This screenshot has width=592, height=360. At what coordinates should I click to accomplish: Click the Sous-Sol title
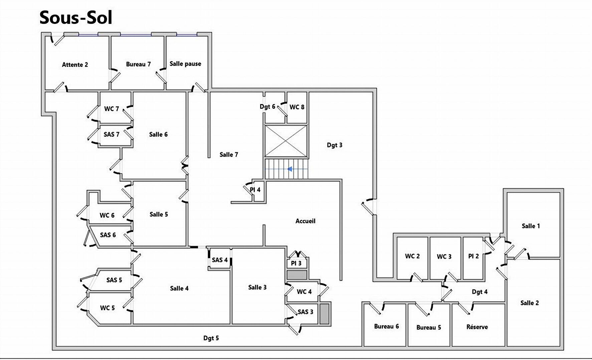(75, 17)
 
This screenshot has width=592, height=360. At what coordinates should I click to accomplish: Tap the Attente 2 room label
(75, 65)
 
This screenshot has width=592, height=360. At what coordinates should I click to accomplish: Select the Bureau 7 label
(138, 64)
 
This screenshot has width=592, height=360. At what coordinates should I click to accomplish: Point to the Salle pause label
(185, 64)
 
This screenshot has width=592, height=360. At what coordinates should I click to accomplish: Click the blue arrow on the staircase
(290, 169)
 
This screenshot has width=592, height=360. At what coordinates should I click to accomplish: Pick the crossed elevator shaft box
(286, 141)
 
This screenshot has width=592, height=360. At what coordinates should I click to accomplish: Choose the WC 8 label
(297, 107)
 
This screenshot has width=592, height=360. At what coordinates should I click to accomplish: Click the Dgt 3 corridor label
(335, 145)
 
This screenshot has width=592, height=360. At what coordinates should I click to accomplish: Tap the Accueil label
(305, 221)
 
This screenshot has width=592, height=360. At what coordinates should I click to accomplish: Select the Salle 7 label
(229, 154)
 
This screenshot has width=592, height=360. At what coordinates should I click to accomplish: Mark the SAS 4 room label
(220, 260)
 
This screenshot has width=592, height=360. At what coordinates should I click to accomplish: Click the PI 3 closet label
(296, 263)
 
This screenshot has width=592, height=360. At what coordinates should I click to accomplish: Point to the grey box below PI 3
(297, 275)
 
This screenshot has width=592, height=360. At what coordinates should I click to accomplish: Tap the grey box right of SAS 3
(325, 314)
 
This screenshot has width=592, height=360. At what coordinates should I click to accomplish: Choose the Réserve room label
(477, 327)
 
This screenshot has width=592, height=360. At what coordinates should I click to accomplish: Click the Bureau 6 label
(386, 326)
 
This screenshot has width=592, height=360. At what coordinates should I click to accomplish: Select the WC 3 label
(444, 257)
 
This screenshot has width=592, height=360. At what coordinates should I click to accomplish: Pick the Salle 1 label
(531, 226)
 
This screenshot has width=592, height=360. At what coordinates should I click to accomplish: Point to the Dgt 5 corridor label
(211, 338)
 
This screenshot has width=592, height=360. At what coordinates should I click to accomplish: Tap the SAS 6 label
(108, 235)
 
